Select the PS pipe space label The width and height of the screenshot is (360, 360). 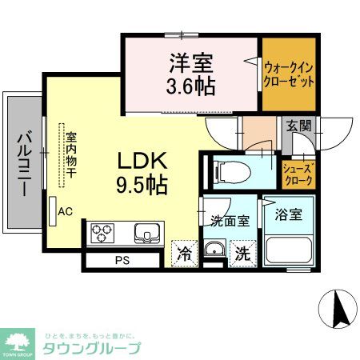tap(121, 260)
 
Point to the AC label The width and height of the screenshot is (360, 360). tap(66, 211)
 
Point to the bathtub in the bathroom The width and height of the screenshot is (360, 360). tap(287, 249)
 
